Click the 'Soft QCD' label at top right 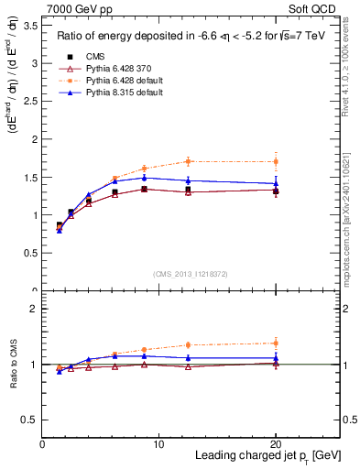coord(318,9)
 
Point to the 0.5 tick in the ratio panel coord(32,420)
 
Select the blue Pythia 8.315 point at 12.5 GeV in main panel coord(188,180)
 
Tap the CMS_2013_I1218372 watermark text coord(191,274)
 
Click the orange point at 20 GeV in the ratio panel coord(276,343)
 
